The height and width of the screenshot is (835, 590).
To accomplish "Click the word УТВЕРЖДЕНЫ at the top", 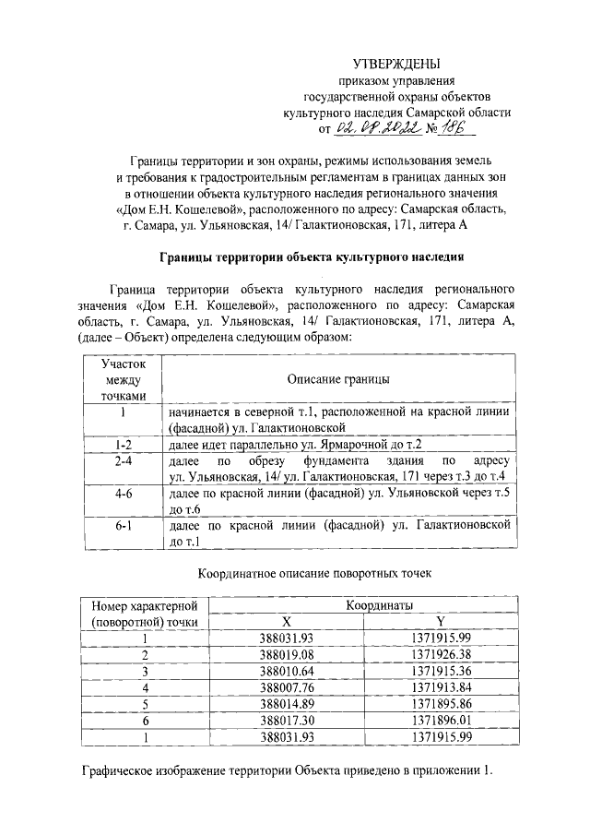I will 397,64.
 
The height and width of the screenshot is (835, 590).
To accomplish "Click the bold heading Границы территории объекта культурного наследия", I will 312,256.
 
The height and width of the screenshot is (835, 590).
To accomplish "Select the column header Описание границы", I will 337,380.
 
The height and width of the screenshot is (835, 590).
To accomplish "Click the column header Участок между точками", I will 123,380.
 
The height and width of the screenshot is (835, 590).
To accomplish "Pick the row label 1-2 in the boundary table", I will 123,444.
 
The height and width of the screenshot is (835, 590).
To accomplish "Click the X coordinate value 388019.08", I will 288,654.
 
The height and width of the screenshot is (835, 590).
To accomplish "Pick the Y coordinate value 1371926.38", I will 441,654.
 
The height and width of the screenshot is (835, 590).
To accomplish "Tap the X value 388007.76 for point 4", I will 288,686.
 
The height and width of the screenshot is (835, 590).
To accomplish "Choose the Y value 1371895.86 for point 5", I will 441,703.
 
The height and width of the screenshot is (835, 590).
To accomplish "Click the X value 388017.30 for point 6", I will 288,720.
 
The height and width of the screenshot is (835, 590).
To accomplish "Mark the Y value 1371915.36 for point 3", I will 441,671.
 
